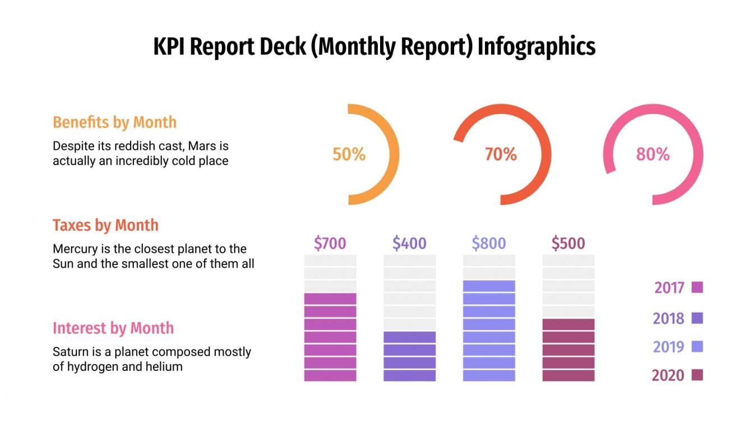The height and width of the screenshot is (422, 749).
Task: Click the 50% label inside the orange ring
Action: (349, 154)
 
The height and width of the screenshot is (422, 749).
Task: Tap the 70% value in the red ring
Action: (501, 154)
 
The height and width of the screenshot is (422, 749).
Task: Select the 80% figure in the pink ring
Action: (653, 154)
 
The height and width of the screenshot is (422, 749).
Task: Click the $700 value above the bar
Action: (330, 244)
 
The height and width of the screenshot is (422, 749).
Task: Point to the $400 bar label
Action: (409, 244)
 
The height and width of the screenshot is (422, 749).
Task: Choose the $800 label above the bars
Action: (488, 244)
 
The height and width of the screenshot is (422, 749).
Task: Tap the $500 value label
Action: (568, 244)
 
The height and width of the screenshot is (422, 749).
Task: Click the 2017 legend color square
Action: (697, 287)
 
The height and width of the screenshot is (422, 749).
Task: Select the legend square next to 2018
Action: (697, 318)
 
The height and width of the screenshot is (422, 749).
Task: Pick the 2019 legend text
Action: (668, 347)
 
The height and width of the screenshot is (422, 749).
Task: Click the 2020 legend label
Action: (668, 375)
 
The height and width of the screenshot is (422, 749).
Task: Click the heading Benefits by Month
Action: (114, 122)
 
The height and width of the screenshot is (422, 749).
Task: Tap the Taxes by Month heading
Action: (105, 226)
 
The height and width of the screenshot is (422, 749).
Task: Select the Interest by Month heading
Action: (113, 328)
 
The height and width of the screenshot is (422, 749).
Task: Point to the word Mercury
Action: (75, 249)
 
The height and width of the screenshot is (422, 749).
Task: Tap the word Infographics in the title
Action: (537, 47)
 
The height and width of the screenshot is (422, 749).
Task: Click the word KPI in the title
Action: (170, 47)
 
